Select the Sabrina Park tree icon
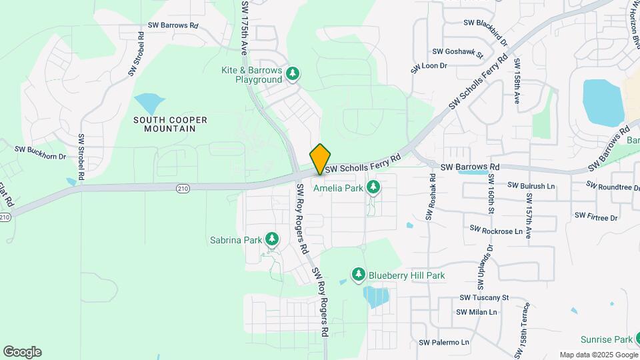(x=271, y=239)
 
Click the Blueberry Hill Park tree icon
(x=359, y=275)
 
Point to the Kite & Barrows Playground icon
(x=293, y=73)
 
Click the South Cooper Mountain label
(x=170, y=124)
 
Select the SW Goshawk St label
(x=457, y=51)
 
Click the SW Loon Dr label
(x=429, y=66)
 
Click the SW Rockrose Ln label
(x=495, y=230)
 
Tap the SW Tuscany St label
(x=483, y=297)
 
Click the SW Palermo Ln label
(x=444, y=343)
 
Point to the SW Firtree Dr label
(x=596, y=217)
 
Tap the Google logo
(x=22, y=352)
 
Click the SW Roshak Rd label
(x=431, y=197)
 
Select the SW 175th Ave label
(x=245, y=27)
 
